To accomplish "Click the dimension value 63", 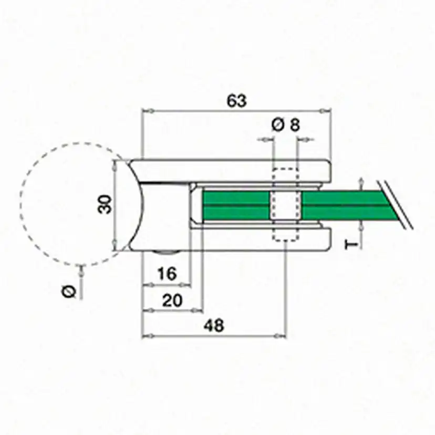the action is pyautogui.click(x=236, y=101).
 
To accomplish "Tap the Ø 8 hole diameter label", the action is pyautogui.click(x=286, y=125).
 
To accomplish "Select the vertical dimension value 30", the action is pyautogui.click(x=105, y=204).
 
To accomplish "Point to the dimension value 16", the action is pyautogui.click(x=167, y=274).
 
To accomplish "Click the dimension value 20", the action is pyautogui.click(x=172, y=301).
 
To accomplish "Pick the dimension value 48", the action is pyautogui.click(x=214, y=325).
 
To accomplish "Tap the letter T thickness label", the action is pyautogui.click(x=351, y=245).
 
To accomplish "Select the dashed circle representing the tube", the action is pyautogui.click(x=20, y=204).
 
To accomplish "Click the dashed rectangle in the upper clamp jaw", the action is pyautogui.click(x=286, y=169).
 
